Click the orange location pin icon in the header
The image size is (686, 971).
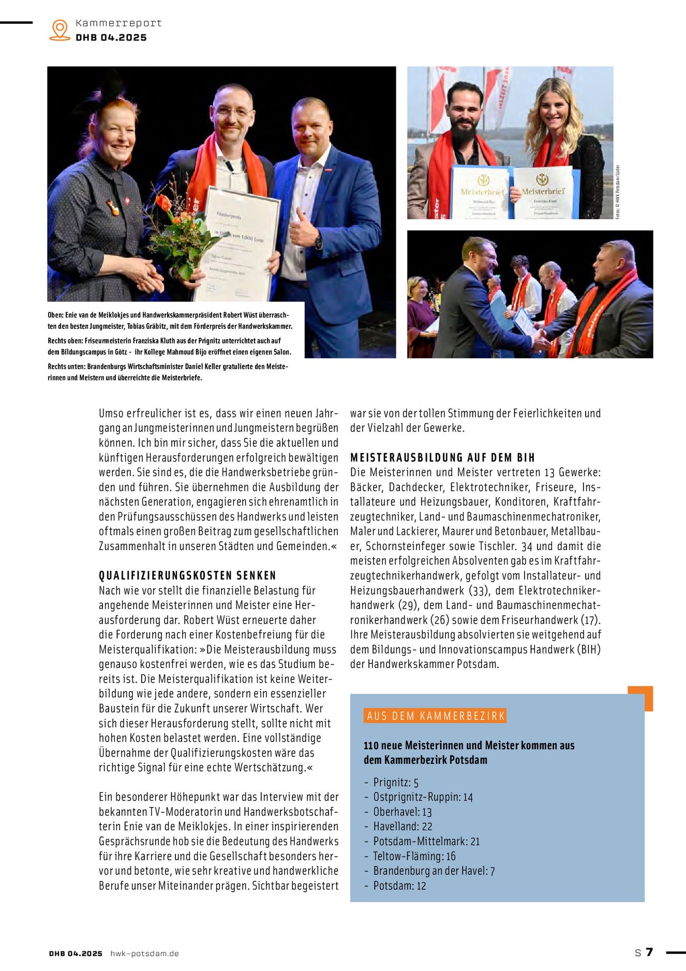[x=60, y=30]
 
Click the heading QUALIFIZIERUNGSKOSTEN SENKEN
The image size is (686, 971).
[x=187, y=575]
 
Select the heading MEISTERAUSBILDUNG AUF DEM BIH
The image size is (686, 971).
[x=442, y=457]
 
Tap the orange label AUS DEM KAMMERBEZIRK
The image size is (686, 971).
[x=435, y=716]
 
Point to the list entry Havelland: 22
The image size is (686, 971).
[x=402, y=827]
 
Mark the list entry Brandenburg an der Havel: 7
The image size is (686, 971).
[x=434, y=871]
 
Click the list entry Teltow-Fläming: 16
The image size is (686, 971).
[x=414, y=856]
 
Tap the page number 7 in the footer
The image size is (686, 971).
[x=650, y=952]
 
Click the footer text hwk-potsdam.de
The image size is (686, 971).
[x=144, y=953]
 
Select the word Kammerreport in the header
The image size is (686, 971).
[x=118, y=23]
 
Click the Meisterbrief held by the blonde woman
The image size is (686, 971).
[x=543, y=192]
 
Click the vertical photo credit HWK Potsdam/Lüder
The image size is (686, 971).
[x=618, y=192]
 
